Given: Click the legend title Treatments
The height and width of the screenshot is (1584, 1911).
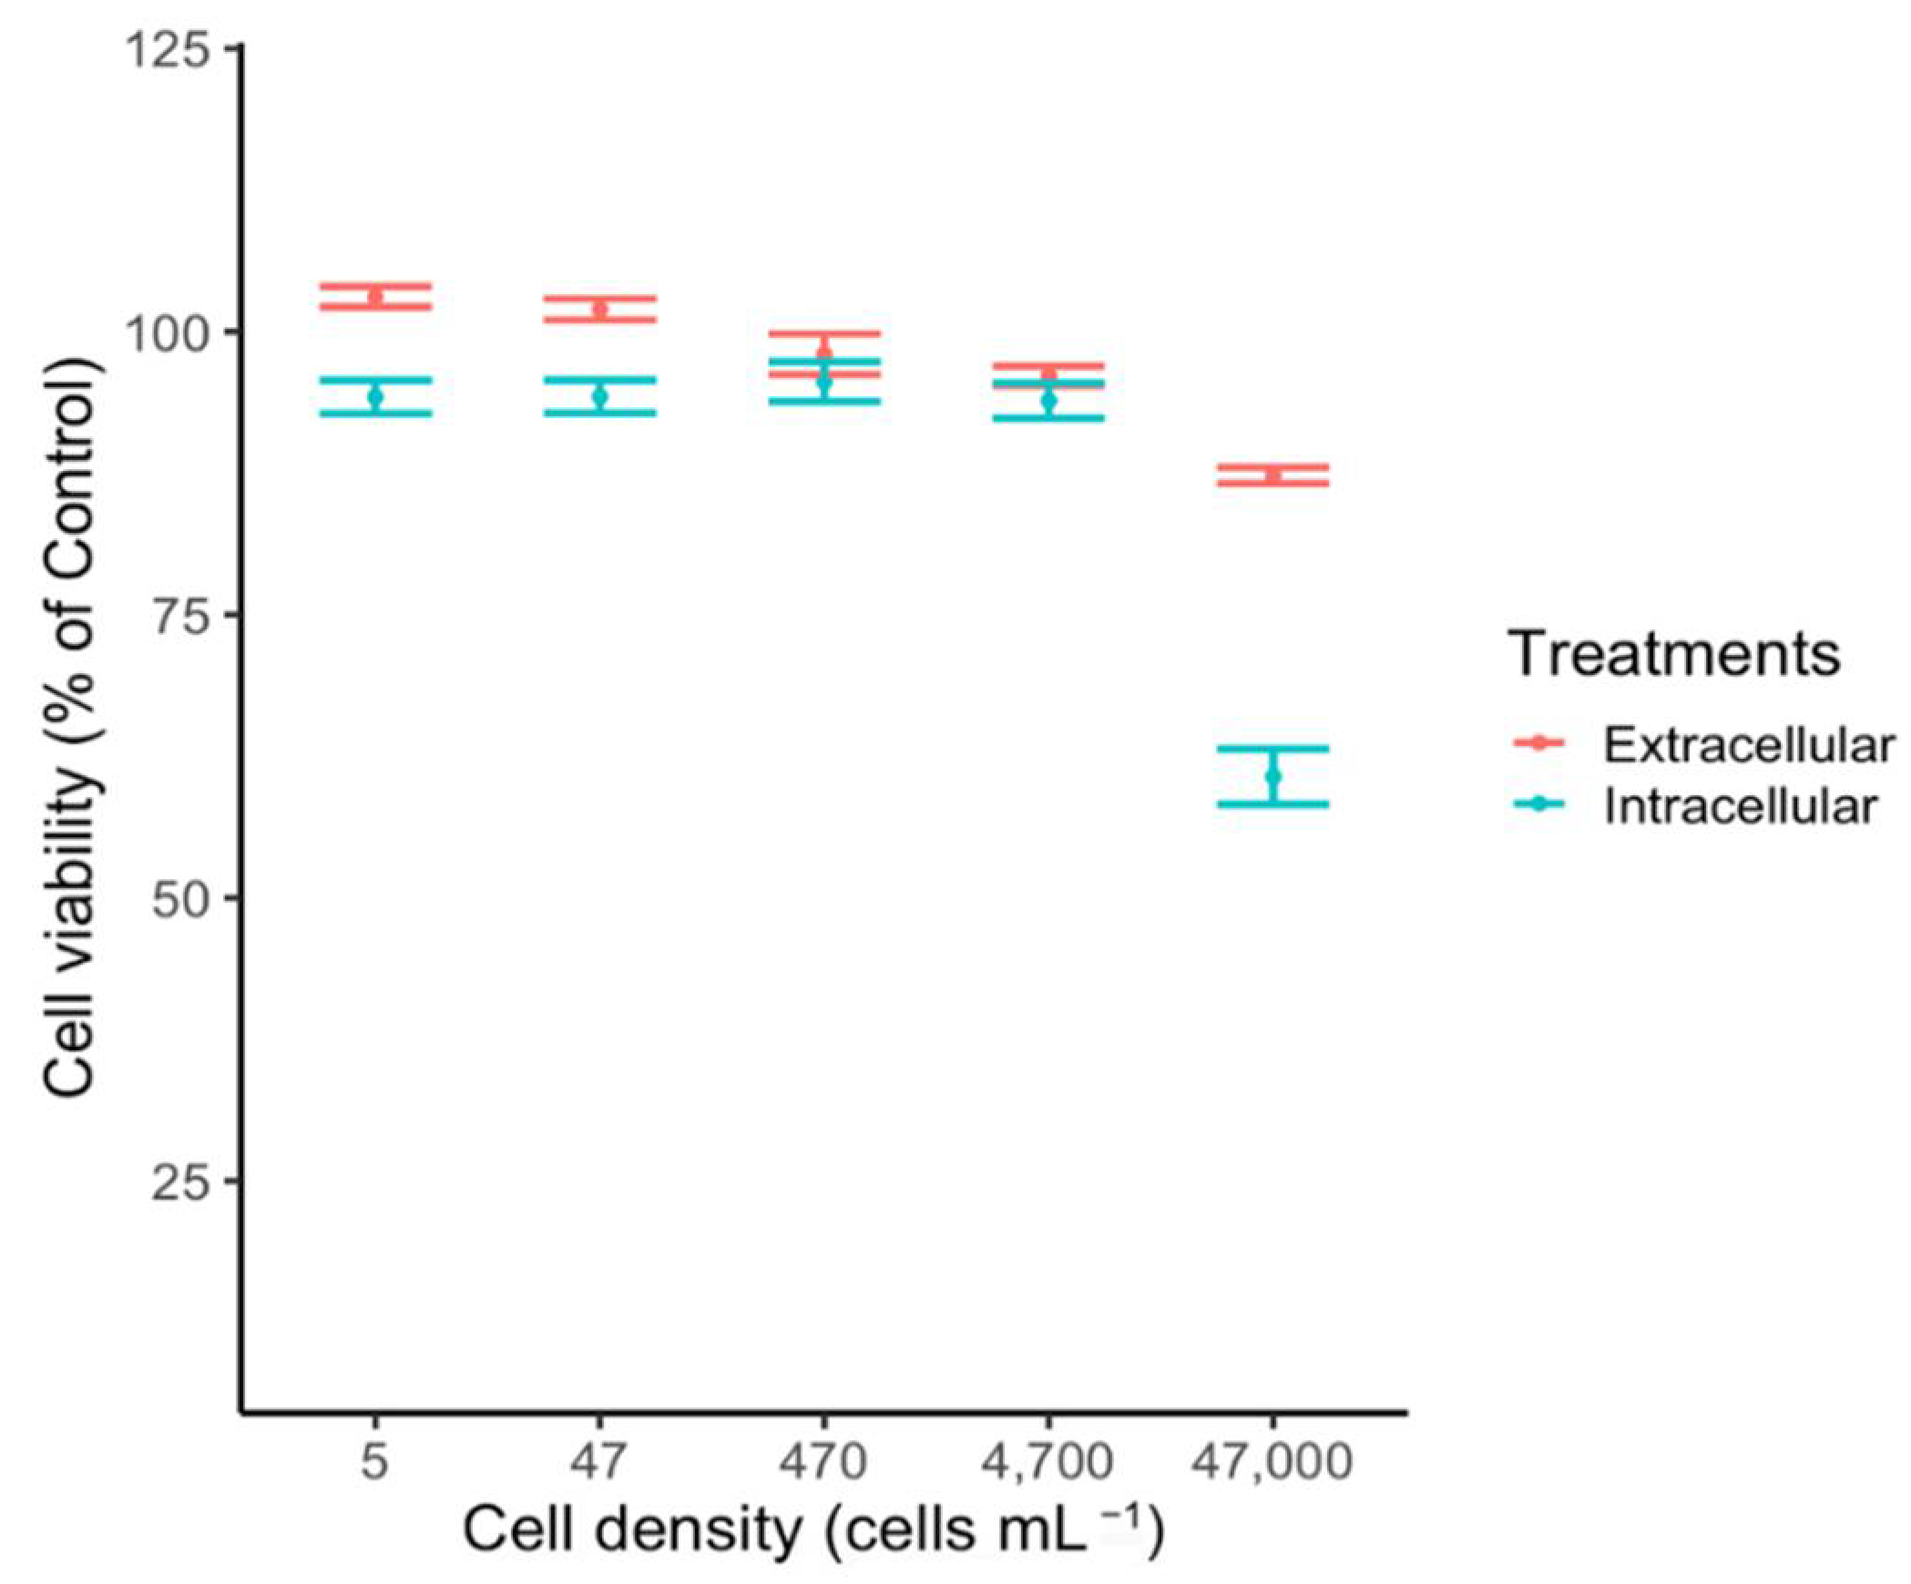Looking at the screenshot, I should tap(1673, 654).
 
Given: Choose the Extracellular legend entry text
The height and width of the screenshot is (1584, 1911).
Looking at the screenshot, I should tap(1748, 745).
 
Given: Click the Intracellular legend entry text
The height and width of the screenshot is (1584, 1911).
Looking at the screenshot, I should tap(1740, 807).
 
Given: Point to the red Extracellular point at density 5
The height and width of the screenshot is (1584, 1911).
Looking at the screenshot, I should tap(374, 296).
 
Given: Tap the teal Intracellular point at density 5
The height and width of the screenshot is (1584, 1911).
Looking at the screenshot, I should tap(374, 397).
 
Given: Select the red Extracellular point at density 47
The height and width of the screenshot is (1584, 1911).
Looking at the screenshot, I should tap(599, 310).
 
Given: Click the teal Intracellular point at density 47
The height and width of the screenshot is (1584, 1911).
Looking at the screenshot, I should tap(599, 396).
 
